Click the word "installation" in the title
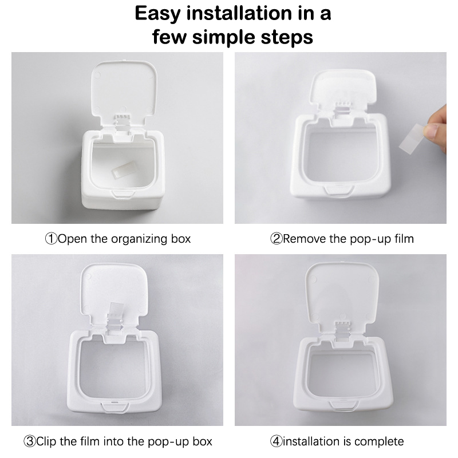239,13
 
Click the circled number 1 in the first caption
51,239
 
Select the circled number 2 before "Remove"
276,239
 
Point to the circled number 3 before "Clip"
29,441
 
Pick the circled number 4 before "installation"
276,441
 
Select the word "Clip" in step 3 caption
46,441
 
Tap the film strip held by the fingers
412,138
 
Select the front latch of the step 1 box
123,194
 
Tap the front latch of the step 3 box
115,407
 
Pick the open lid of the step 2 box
342,87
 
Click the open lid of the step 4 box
342,292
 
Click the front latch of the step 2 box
338,189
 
